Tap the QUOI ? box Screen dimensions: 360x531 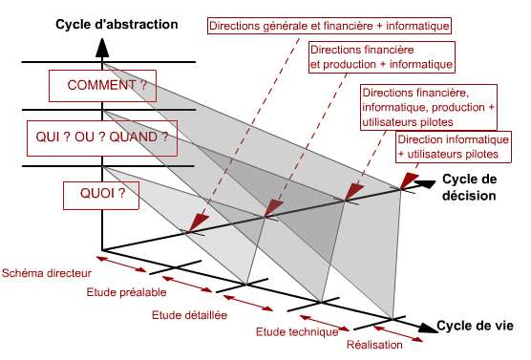96,195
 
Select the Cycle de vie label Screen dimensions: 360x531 476,327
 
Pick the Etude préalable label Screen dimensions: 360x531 126,292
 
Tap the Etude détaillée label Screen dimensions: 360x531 190,315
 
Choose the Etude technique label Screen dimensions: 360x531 298,332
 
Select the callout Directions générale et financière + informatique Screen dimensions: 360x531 329,23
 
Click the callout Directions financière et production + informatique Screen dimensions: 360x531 380,56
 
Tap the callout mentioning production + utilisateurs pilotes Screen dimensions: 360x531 428,108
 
